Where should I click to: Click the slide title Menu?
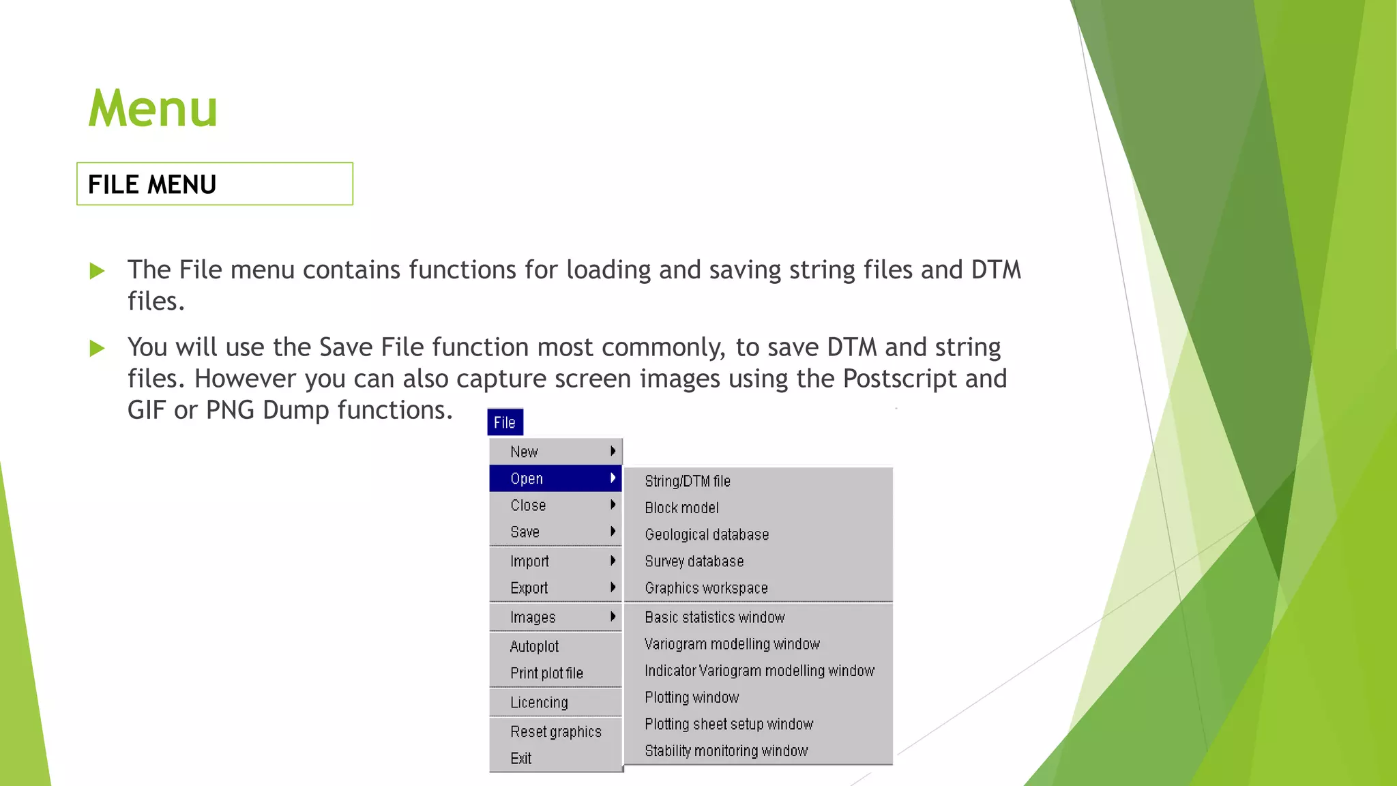click(x=153, y=108)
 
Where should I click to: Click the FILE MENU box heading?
click(x=152, y=184)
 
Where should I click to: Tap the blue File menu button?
click(x=505, y=422)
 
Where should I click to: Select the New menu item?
click(x=525, y=452)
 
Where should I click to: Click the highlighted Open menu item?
click(x=527, y=478)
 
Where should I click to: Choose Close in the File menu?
click(x=529, y=505)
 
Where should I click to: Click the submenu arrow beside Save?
click(x=613, y=532)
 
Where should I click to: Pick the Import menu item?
click(x=530, y=561)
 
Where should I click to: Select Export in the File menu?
click(x=529, y=587)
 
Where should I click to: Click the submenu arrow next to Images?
click(x=613, y=617)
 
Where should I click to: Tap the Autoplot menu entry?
click(x=535, y=646)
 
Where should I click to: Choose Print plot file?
click(x=547, y=673)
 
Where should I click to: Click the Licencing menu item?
click(x=539, y=702)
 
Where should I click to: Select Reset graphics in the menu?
click(x=556, y=731)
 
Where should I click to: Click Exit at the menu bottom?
click(x=521, y=758)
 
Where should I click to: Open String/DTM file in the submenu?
click(x=688, y=481)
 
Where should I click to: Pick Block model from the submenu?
click(x=682, y=508)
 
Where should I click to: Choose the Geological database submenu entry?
click(x=707, y=534)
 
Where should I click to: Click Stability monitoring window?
click(x=726, y=751)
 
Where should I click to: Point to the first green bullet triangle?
click(x=97, y=271)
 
